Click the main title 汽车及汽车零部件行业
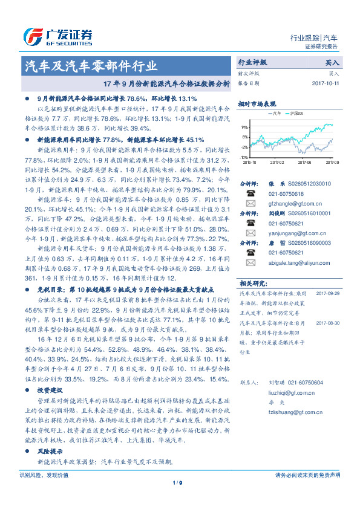click(x=90, y=66)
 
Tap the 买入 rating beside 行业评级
click(x=332, y=62)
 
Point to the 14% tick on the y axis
click(x=244, y=128)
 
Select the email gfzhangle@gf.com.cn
click(x=289, y=204)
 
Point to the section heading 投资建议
click(x=51, y=390)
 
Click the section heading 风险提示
click(x=51, y=452)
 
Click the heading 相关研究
click(x=252, y=283)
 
